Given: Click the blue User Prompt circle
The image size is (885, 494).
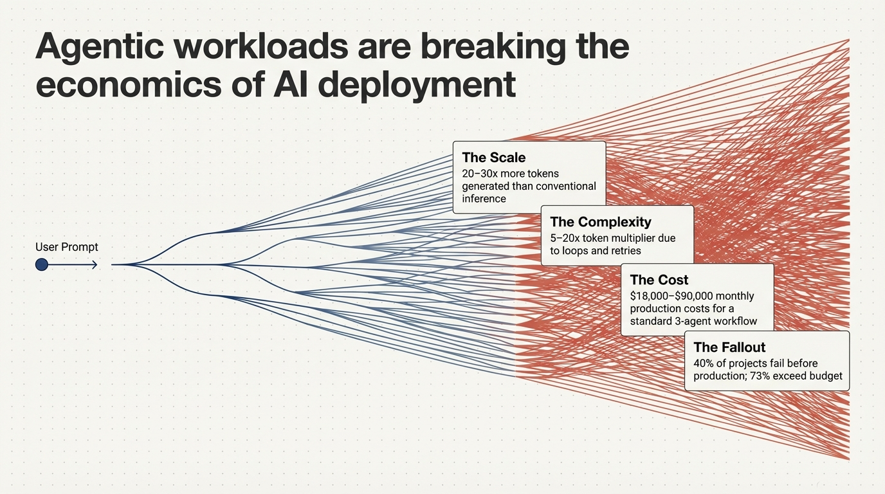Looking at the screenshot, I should point(42,264).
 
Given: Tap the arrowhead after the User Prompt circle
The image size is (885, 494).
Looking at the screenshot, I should point(94,264).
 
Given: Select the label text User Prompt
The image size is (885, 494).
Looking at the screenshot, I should point(67,247).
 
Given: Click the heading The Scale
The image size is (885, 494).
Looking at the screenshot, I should point(493,158).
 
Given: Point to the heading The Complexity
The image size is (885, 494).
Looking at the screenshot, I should point(601,222).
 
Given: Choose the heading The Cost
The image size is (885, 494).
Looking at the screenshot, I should point(659,280).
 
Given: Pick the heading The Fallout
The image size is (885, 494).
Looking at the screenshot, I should point(729,347).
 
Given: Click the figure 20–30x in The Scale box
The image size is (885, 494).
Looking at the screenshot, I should point(479,174).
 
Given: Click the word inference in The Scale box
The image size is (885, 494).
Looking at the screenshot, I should point(484,199).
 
